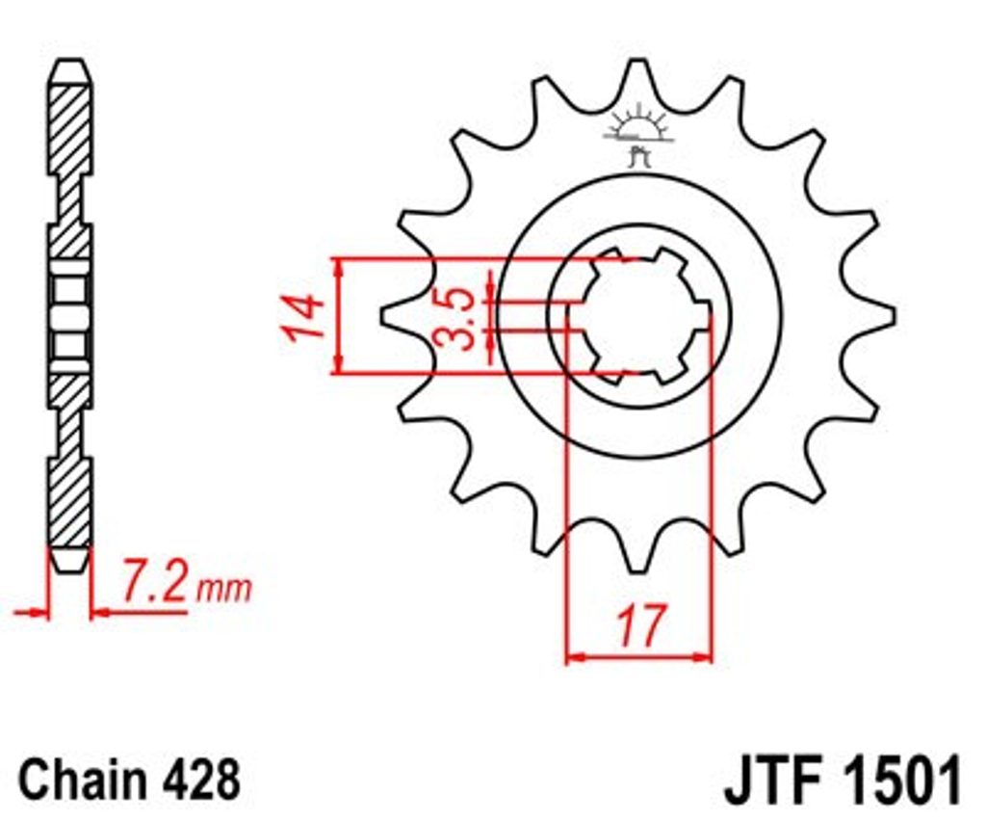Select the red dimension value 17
640,626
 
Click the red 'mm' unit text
223,590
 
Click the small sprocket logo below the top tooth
639,135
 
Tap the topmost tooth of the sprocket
638,79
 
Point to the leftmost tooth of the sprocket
402,314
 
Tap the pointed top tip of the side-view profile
70,60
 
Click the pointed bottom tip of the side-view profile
70,571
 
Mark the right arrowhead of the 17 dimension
703,657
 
